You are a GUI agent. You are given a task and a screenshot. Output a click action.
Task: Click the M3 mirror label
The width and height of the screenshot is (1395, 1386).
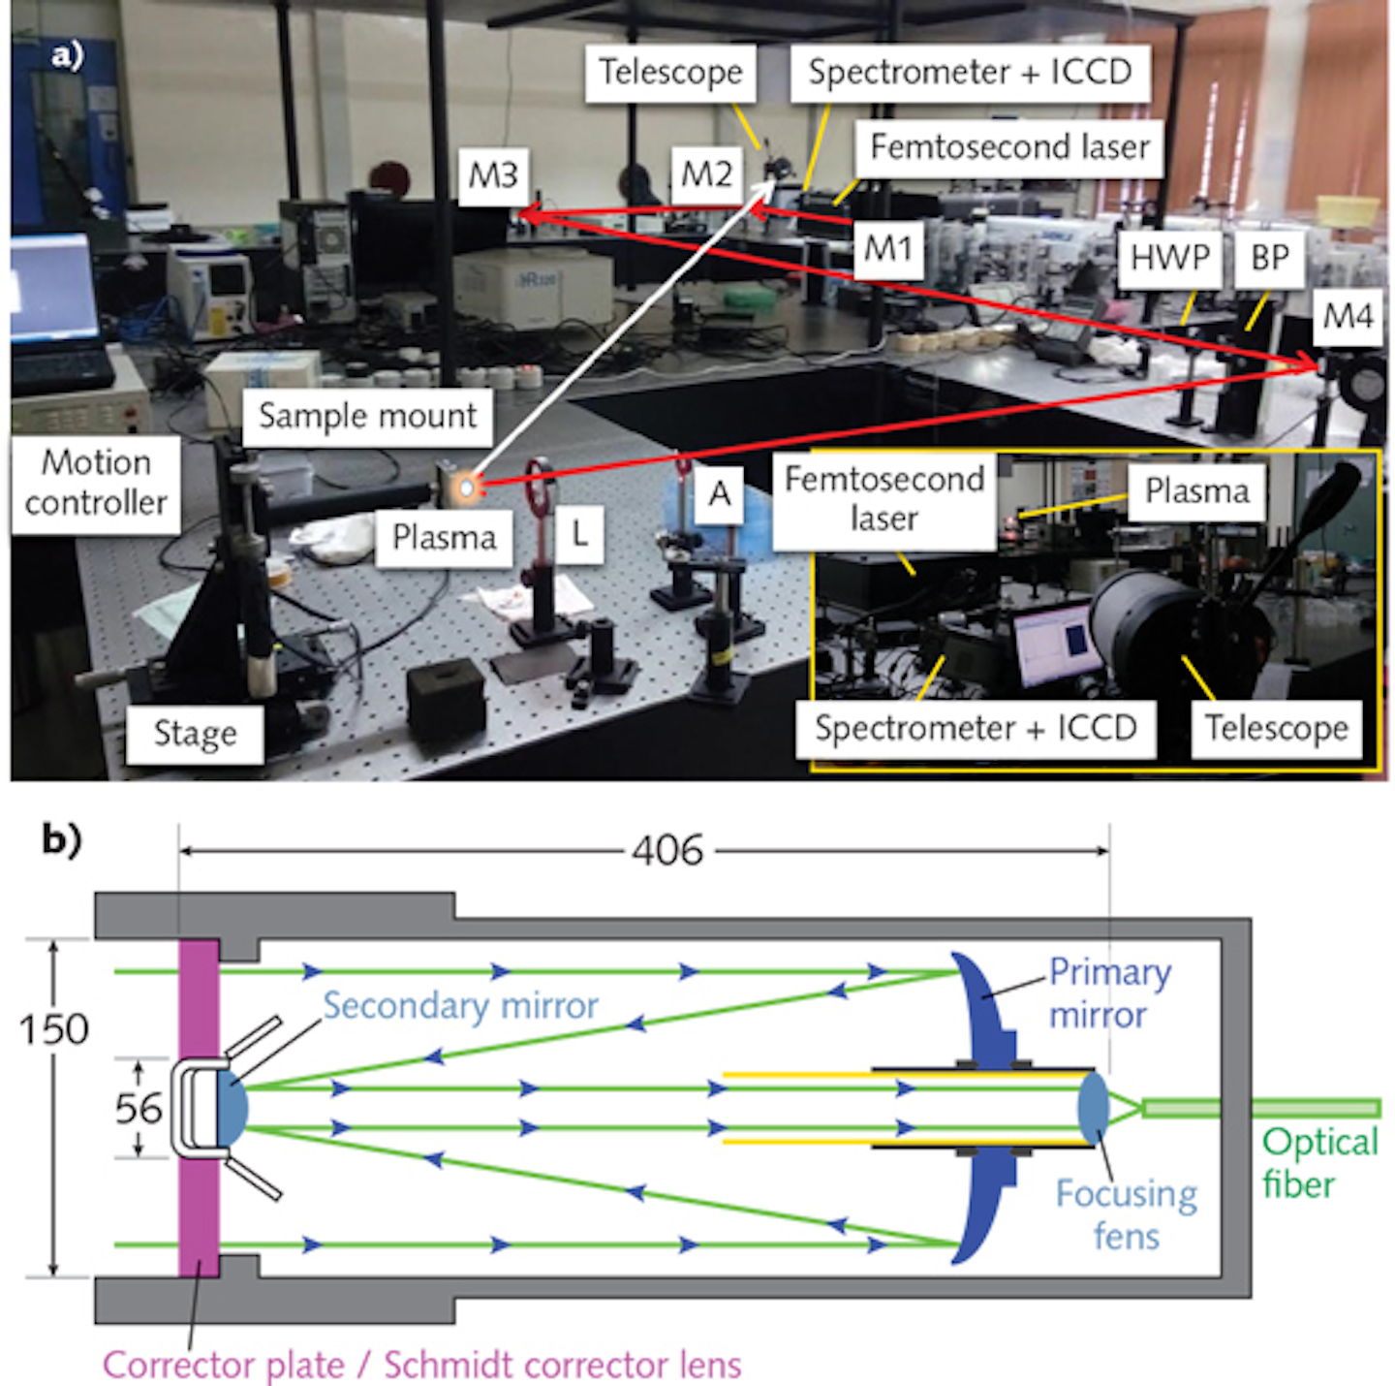(x=493, y=175)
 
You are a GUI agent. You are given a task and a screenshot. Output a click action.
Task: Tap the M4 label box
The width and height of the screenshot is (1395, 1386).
(x=1348, y=316)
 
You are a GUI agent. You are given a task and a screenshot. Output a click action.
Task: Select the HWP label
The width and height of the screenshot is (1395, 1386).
(x=1169, y=258)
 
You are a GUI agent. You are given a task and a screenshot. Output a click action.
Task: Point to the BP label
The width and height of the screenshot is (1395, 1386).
(x=1269, y=258)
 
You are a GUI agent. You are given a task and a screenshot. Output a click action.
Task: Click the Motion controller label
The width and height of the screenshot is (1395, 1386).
(x=96, y=483)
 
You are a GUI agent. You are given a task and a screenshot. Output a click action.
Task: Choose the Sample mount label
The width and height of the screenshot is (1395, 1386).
(x=367, y=417)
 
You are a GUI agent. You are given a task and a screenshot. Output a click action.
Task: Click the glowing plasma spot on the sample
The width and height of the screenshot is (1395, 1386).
(x=467, y=487)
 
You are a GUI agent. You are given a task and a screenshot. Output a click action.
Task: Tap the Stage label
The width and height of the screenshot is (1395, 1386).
(x=195, y=734)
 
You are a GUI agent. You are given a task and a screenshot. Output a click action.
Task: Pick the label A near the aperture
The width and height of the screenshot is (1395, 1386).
(x=719, y=494)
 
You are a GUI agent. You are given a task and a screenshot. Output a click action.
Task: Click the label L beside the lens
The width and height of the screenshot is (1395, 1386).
(x=579, y=532)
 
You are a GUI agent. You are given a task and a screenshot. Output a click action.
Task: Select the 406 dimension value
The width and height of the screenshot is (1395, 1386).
(x=667, y=851)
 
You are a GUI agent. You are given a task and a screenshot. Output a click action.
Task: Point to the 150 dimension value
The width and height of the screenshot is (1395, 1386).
(x=54, y=1029)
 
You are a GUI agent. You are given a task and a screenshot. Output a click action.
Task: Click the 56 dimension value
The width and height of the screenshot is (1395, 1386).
(x=138, y=1109)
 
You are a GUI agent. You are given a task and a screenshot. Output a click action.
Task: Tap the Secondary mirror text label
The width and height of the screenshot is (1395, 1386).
(x=460, y=1006)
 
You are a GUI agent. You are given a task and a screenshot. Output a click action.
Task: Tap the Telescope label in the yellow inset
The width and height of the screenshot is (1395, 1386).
(x=1276, y=728)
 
